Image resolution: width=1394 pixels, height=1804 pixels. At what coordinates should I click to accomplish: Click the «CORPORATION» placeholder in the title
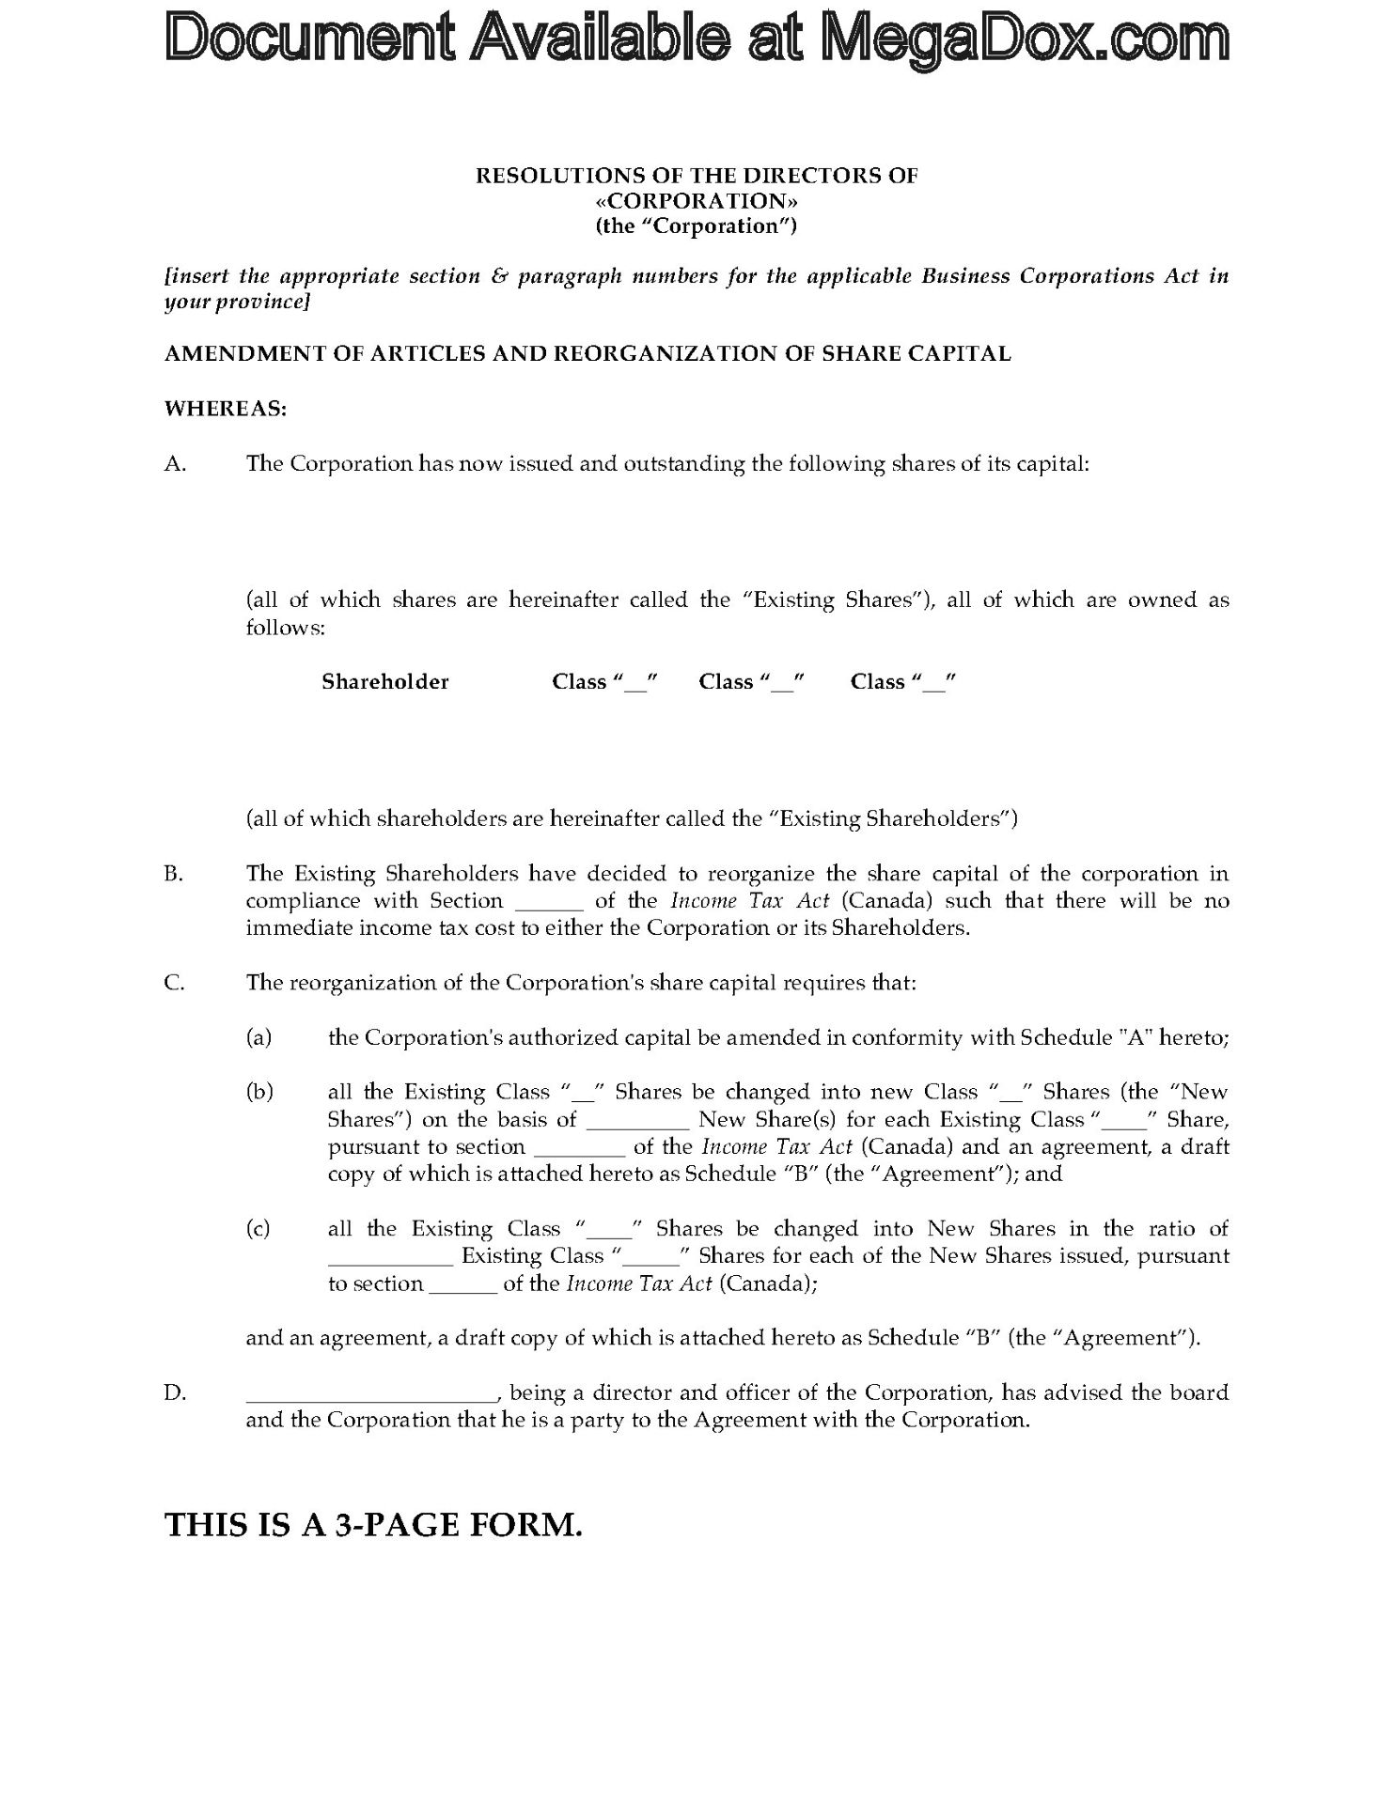coord(697,201)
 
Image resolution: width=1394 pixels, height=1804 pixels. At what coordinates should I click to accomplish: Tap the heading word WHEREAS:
coord(226,409)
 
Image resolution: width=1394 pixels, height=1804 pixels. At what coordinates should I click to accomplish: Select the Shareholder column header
coord(385,682)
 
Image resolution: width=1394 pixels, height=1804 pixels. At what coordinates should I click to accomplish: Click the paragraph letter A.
coord(175,464)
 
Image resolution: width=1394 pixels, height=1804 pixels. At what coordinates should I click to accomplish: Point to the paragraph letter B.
coord(174,874)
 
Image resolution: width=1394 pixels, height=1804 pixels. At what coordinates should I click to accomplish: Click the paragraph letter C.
coord(174,983)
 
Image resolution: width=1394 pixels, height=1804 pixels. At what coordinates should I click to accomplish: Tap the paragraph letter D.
coord(175,1392)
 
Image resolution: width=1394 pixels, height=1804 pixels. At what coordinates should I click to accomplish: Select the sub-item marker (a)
coord(258,1037)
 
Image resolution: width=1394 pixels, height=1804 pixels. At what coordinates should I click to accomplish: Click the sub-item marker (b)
coord(259,1092)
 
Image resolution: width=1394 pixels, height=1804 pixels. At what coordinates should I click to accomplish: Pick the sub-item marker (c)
coord(258,1229)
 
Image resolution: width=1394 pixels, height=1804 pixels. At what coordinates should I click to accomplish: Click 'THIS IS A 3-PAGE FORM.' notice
coord(374,1524)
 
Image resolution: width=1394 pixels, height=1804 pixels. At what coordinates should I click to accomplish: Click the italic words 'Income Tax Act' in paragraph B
coord(750,901)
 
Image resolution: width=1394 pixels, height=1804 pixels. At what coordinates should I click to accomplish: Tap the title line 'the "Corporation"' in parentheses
coord(697,226)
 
